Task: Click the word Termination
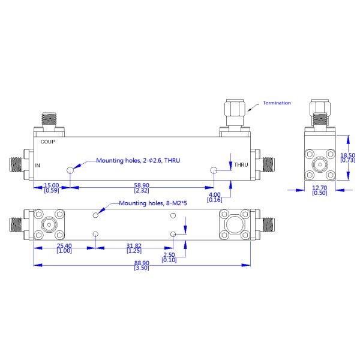click(277, 103)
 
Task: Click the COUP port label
click(48, 142)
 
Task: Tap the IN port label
click(37, 166)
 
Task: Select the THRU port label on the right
click(241, 164)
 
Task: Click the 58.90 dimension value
click(142, 185)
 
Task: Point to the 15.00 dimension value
click(52, 185)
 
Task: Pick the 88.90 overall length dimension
click(142, 263)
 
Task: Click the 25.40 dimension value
click(64, 245)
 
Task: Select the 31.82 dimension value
click(134, 245)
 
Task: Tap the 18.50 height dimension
click(347, 155)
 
